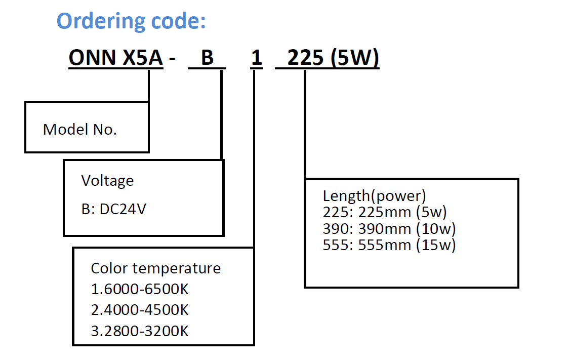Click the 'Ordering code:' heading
point(131,21)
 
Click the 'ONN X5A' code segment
point(115,58)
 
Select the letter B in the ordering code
point(208,58)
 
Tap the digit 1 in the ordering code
point(257,58)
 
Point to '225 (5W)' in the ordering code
point(333,58)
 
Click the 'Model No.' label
point(80,129)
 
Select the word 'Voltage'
point(107,180)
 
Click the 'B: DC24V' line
point(113,209)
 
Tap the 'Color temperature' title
point(155,268)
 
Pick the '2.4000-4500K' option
point(140,310)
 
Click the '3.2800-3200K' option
point(140,331)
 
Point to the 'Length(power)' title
point(374,195)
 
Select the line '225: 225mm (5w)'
point(385,212)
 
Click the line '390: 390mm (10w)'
point(389,228)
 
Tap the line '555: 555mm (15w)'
point(389,245)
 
